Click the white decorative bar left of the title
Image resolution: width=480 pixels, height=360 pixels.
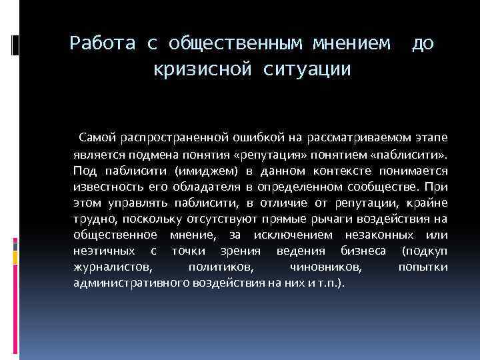pyautogui.click(x=14, y=45)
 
